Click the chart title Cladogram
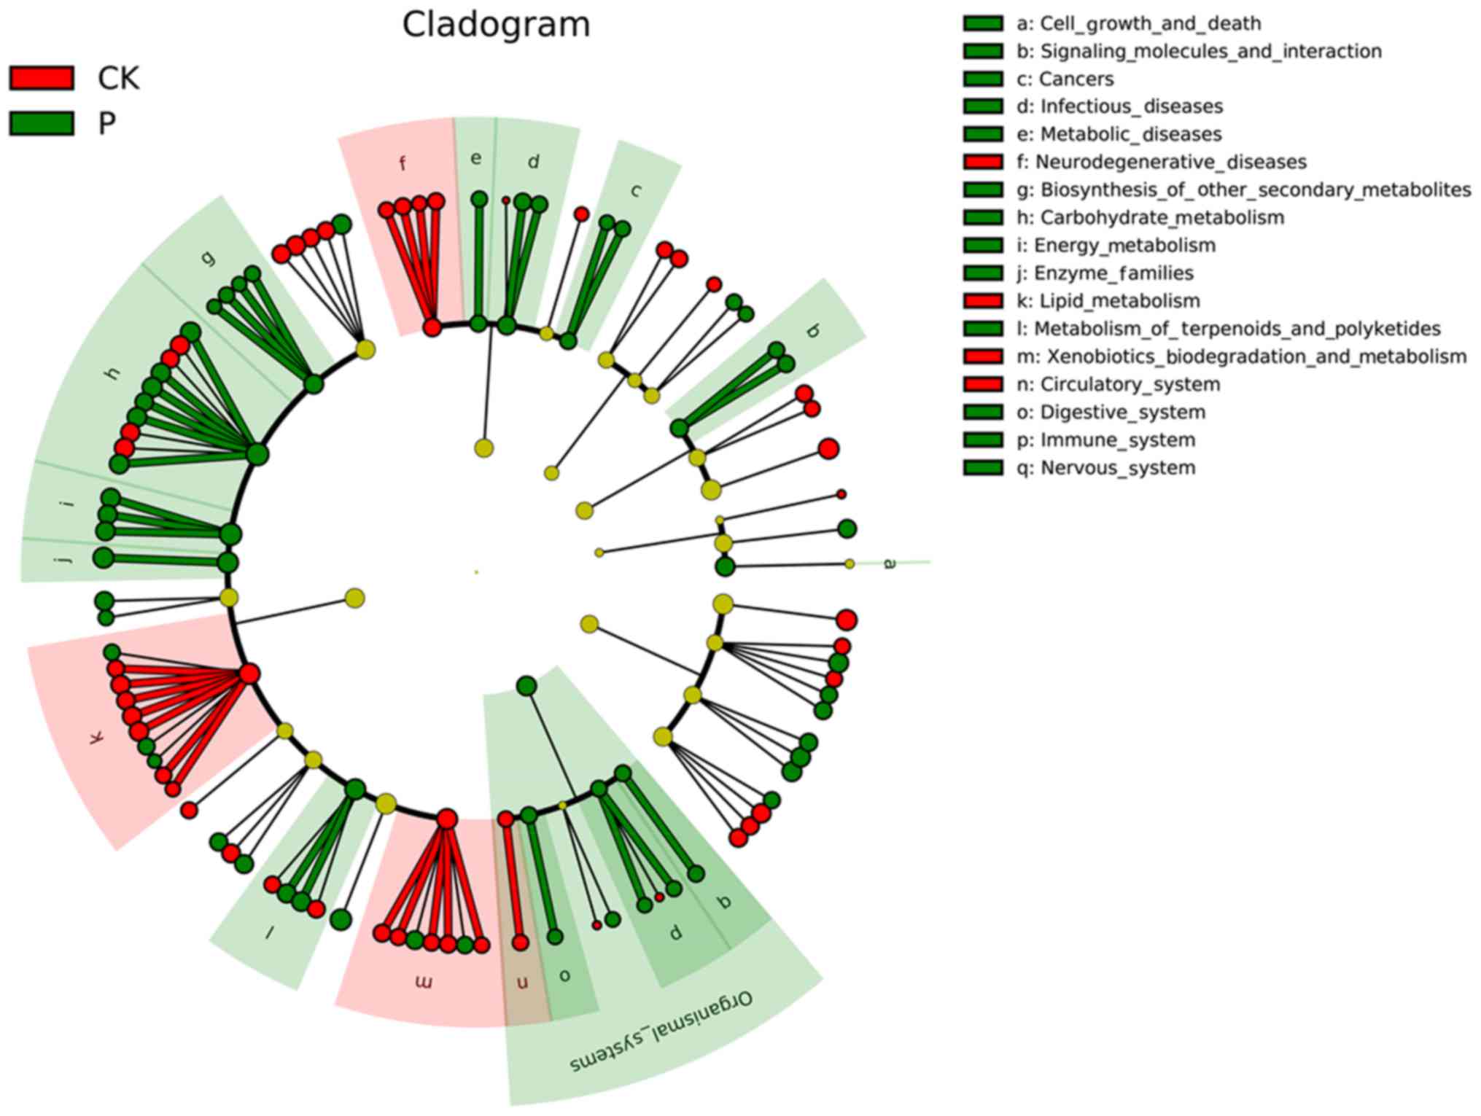(x=496, y=25)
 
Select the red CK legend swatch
(x=42, y=78)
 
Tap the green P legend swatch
(x=42, y=123)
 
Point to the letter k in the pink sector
(x=96, y=738)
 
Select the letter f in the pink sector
(x=403, y=163)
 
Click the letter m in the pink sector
(x=424, y=983)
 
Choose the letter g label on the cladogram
(x=209, y=257)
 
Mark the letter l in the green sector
(x=269, y=931)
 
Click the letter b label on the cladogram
(x=813, y=331)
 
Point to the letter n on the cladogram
(x=522, y=983)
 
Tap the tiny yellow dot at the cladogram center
(x=476, y=572)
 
